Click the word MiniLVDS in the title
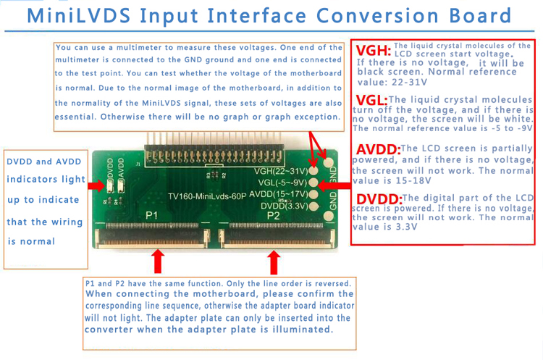[x=79, y=16]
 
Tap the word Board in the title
[x=480, y=16]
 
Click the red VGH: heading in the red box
[x=374, y=51]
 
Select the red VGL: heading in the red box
[x=371, y=101]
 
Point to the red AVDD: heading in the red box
[x=378, y=150]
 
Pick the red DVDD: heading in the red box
[x=379, y=199]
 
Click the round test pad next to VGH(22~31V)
[x=313, y=170]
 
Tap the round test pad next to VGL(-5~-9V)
[x=313, y=183]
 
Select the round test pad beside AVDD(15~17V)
[x=313, y=194]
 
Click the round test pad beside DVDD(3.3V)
[x=313, y=206]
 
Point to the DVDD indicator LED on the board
[x=110, y=186]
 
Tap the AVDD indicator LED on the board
[x=121, y=186]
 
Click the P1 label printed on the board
[x=152, y=216]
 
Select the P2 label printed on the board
[x=273, y=216]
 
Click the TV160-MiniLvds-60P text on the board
[x=207, y=196]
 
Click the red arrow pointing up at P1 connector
[x=158, y=261]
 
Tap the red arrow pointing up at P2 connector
[x=274, y=262]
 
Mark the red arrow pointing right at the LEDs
[x=96, y=185]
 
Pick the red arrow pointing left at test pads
[x=334, y=185]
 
